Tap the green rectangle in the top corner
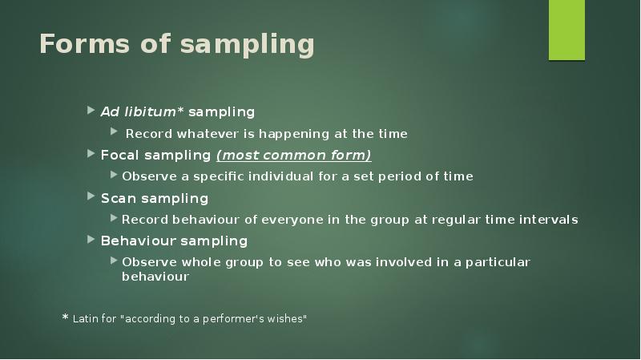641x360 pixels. coord(566,30)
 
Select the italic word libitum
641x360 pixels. coord(150,111)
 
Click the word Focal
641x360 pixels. coord(119,155)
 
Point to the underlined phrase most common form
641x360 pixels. coord(294,155)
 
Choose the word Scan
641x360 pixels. coord(117,198)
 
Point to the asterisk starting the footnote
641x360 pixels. coord(66,318)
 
